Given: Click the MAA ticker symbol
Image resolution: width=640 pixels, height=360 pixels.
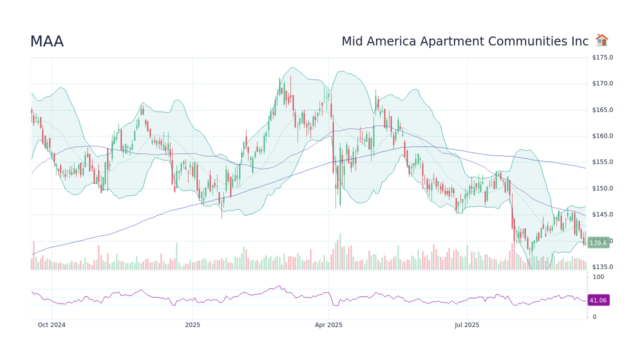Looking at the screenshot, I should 47,42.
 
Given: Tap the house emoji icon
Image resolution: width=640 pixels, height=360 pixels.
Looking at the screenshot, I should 601,40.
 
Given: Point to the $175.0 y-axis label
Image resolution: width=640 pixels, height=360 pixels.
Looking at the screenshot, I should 602,57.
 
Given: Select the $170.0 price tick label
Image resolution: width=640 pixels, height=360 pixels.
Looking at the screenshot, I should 602,83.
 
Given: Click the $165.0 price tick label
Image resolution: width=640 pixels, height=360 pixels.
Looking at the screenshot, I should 602,110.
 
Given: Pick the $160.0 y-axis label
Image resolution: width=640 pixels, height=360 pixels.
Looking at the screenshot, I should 602,136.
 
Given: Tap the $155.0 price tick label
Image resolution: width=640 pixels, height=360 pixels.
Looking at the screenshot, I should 602,162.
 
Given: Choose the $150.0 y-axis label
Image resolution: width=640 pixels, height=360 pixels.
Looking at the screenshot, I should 602,188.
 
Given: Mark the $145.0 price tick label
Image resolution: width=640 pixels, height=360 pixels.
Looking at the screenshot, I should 602,214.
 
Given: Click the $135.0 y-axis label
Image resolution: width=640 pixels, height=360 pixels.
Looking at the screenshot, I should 602,267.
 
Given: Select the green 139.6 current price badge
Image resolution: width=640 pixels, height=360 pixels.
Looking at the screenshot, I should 598,243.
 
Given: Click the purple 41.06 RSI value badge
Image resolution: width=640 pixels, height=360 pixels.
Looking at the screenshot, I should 598,300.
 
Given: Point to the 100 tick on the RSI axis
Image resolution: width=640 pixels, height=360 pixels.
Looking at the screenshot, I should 598,277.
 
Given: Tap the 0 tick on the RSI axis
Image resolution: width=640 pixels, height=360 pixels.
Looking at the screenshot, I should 594,317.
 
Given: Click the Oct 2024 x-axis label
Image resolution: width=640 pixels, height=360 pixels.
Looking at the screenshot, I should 51,325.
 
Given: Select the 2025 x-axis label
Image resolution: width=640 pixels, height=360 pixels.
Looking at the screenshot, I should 192,325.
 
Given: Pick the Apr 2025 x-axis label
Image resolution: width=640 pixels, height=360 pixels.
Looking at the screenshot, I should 328,325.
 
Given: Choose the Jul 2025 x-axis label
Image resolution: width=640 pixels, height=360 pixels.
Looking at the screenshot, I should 467,325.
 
